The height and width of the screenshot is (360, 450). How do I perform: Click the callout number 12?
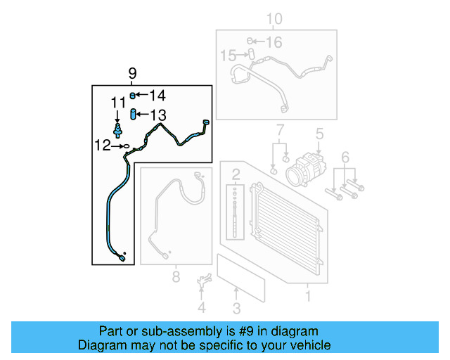point(103,146)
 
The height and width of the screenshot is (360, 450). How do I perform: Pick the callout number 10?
point(274,20)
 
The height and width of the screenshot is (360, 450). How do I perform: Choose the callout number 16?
point(273,43)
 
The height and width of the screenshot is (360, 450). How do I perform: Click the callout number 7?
point(279,130)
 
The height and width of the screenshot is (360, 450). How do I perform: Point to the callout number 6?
point(345,156)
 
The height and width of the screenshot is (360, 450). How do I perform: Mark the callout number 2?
point(236,174)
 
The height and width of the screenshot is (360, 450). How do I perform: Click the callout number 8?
point(176,276)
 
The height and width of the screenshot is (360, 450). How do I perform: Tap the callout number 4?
point(202,307)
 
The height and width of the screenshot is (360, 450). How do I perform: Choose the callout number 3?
point(236,307)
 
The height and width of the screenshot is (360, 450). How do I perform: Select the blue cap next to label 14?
point(132,96)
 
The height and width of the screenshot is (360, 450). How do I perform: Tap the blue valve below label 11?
point(117,129)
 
